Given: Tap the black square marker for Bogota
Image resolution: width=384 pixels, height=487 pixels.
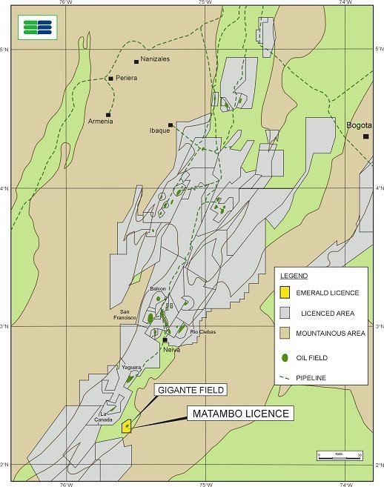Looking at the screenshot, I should (x=365, y=136).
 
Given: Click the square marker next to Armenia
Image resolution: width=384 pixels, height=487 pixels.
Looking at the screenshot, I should (x=108, y=114).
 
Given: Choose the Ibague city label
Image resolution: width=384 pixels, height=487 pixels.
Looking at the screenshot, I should (x=159, y=130).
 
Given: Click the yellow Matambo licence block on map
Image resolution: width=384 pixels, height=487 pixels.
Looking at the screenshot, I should (x=127, y=425).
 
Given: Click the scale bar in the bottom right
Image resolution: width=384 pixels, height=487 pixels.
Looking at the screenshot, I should (x=340, y=455).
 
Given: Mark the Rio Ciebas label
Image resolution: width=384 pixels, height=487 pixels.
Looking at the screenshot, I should (x=203, y=331).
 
